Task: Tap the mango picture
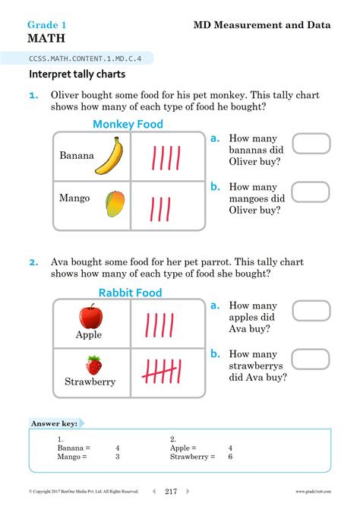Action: coord(115,202)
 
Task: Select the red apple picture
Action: coord(91,316)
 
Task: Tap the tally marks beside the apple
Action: coord(160,325)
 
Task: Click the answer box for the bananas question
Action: coord(311,144)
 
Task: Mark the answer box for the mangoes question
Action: coord(311,192)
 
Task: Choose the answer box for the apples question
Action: coord(311,311)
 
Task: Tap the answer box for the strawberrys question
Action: coord(311,359)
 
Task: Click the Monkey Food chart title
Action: coord(128,124)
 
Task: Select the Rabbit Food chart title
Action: coord(130,293)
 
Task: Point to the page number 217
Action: coord(171,492)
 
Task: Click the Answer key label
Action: coord(53,423)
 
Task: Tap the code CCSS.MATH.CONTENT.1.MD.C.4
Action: coord(89,58)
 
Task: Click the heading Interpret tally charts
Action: coord(77,74)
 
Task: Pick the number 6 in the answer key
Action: coord(230,457)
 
